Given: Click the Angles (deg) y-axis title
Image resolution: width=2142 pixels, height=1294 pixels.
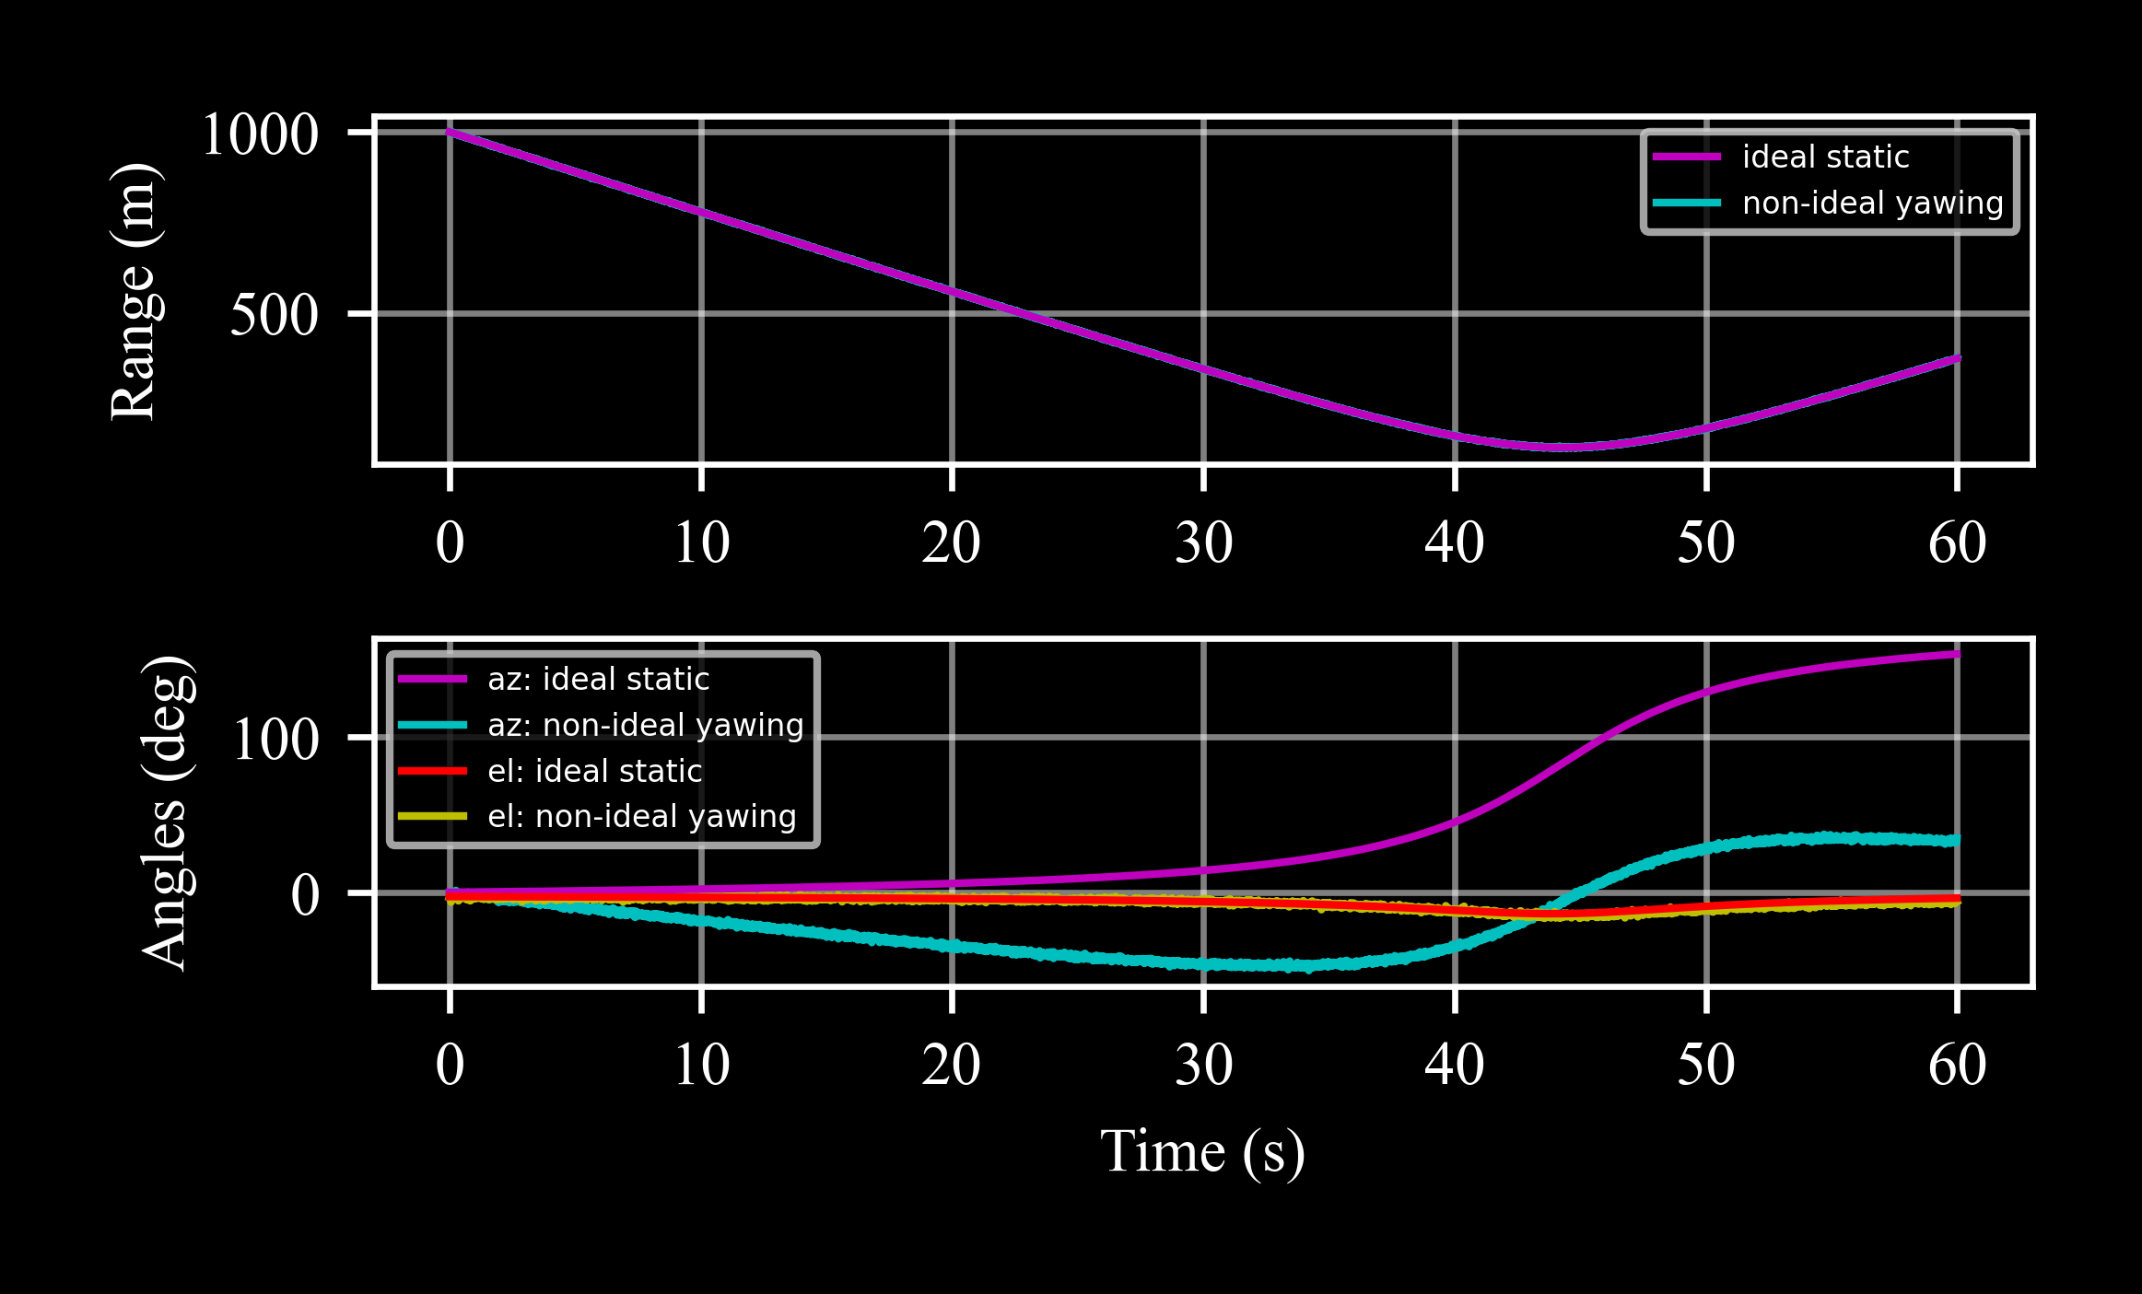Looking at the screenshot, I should point(168,813).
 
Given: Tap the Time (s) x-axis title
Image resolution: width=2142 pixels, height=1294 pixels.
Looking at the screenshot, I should point(1202,1151).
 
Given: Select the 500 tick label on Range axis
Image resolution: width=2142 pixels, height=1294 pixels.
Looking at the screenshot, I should point(275,315).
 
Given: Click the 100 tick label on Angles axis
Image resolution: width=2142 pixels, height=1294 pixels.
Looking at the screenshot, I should point(275,739).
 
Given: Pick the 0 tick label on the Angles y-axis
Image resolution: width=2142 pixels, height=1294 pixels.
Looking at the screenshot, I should point(305,894).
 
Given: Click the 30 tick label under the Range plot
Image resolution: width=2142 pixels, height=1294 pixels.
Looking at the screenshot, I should point(1203,542).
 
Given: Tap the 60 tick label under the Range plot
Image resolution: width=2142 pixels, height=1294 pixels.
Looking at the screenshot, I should point(1957,542).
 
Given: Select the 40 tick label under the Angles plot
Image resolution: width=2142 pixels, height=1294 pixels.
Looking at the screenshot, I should point(1454,1065).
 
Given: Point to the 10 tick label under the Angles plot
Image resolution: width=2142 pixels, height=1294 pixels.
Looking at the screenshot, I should point(701,1065).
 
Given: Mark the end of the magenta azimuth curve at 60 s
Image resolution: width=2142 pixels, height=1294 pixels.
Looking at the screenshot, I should point(1957,655).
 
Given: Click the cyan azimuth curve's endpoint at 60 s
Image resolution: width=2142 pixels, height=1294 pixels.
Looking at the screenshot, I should point(1957,840).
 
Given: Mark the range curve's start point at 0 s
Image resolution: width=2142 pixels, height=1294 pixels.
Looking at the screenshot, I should point(450,132).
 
